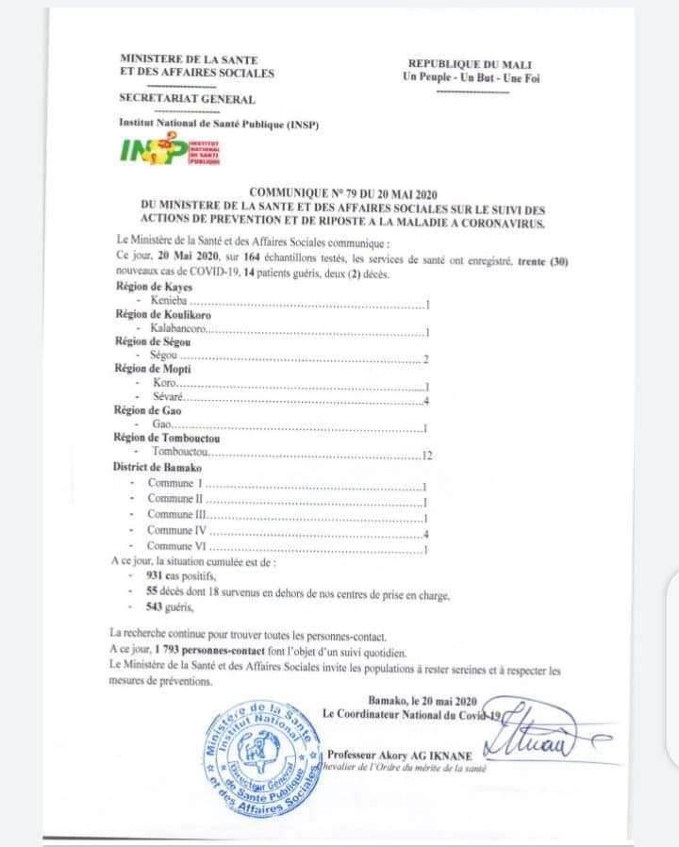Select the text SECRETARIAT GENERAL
tap(187, 99)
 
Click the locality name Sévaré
tap(170, 400)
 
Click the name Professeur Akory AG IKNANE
tap(404, 754)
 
